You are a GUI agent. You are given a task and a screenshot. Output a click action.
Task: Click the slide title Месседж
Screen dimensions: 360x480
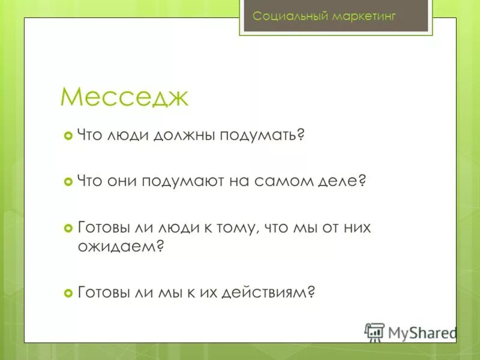point(124,97)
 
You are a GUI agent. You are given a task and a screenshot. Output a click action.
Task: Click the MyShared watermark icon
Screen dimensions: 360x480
point(375,332)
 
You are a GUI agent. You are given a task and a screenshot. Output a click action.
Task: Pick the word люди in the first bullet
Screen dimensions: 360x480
point(127,136)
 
